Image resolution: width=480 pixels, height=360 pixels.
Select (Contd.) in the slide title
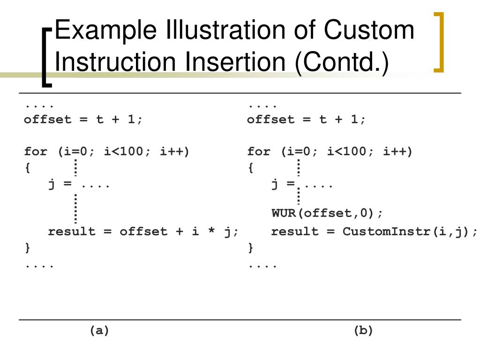point(342,62)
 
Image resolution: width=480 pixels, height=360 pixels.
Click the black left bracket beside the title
point(46,57)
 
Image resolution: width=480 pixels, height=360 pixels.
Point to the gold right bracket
point(439,42)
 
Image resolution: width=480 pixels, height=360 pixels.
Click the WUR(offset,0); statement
point(327,213)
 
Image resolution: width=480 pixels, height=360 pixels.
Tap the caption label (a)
point(99,330)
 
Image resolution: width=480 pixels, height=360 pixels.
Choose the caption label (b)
point(363,330)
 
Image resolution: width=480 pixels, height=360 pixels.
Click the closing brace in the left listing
point(27,247)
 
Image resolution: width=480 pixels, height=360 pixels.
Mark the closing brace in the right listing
point(250,247)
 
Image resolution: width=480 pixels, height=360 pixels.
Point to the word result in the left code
point(72,232)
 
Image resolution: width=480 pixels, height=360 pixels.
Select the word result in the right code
point(295,232)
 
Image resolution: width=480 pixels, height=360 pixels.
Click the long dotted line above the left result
point(75,208)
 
